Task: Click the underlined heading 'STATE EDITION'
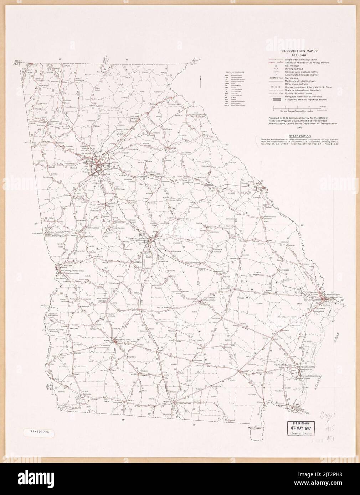coord(300,136)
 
